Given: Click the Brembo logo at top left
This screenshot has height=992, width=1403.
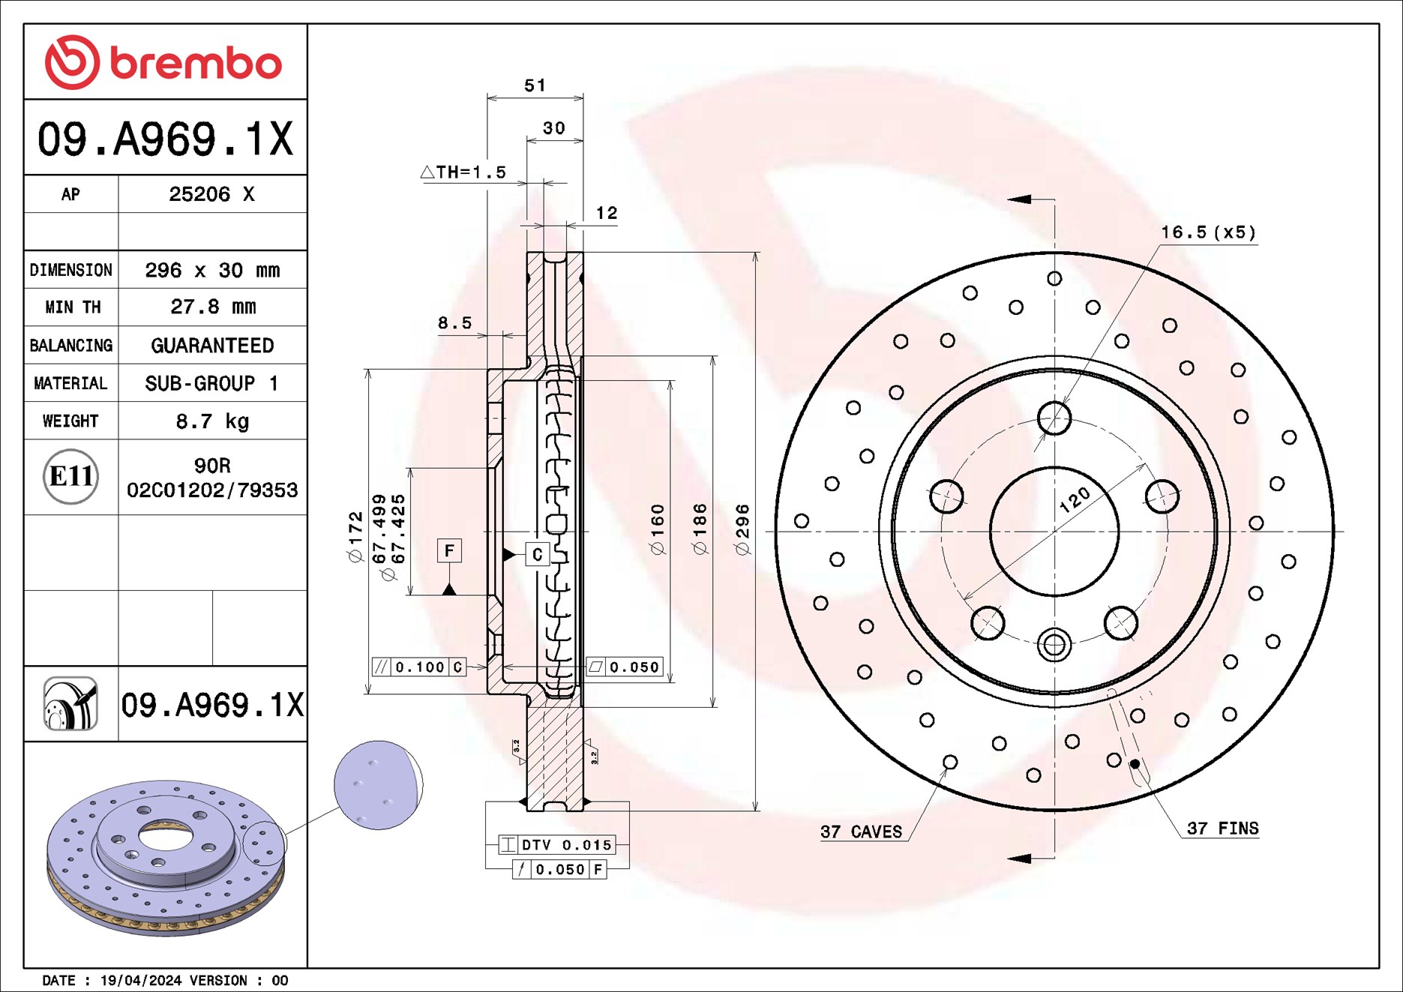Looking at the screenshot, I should click(x=163, y=62).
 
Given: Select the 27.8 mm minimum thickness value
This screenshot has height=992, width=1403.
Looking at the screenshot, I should click(x=213, y=307).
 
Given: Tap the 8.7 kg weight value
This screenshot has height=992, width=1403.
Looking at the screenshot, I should click(x=213, y=421).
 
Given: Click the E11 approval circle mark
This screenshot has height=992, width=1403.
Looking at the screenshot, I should click(x=70, y=476).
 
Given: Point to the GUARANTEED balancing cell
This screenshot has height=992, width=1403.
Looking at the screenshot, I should click(x=212, y=346).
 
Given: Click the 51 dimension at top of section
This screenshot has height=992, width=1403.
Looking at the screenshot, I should click(x=535, y=85).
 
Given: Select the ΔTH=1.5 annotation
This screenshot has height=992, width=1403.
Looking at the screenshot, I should click(x=464, y=172).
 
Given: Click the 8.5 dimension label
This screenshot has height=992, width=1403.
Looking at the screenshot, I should click(x=454, y=323).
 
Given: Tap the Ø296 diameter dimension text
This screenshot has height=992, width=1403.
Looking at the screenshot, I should click(x=742, y=529).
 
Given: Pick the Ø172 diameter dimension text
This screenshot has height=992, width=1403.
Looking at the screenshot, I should click(x=355, y=536).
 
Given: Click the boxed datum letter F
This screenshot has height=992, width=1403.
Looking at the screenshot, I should click(x=449, y=551).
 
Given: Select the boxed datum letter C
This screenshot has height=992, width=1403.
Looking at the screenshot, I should click(x=537, y=555).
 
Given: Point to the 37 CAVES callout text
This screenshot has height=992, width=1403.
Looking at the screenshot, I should click(x=861, y=832).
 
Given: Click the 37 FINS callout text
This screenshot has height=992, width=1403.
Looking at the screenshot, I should click(x=1222, y=829).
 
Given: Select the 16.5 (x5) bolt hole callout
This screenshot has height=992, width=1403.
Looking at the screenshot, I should click(x=1208, y=232).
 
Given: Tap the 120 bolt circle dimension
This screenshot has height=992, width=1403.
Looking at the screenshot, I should click(x=1075, y=499).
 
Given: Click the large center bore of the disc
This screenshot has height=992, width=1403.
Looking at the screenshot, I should click(x=1054, y=532).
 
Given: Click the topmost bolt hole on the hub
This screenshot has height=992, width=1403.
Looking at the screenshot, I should click(x=1054, y=418).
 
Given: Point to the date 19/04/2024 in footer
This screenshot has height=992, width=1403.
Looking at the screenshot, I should click(x=141, y=980).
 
